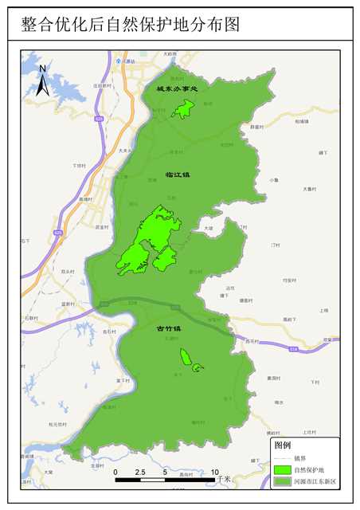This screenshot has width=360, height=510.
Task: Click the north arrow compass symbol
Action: click(x=43, y=82)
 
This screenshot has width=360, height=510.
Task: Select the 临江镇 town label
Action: click(x=178, y=174)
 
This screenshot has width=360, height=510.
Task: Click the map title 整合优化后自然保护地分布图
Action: click(x=131, y=25)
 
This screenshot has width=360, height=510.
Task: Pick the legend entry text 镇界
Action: click(x=300, y=458)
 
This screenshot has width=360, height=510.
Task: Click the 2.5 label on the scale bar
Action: click(x=139, y=473)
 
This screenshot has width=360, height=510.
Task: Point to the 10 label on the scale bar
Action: click(x=214, y=473)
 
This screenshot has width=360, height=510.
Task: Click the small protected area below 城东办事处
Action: click(x=183, y=110)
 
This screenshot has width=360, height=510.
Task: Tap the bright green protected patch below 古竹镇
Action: click(x=187, y=359)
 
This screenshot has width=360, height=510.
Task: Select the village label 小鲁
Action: click(x=273, y=180)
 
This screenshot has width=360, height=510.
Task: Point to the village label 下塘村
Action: click(x=79, y=166)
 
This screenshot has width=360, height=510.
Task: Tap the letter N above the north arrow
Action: click(x=43, y=69)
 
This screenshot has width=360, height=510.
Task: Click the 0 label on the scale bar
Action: click(x=115, y=473)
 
